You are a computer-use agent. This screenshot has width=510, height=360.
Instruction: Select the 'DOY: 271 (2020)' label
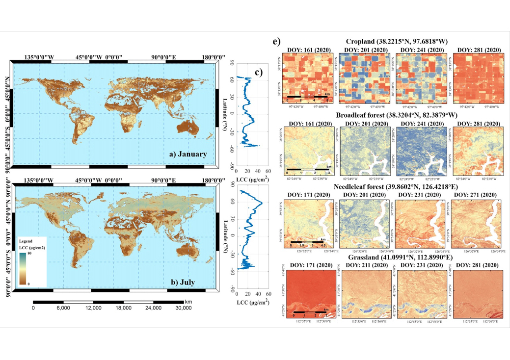point(477,195)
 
